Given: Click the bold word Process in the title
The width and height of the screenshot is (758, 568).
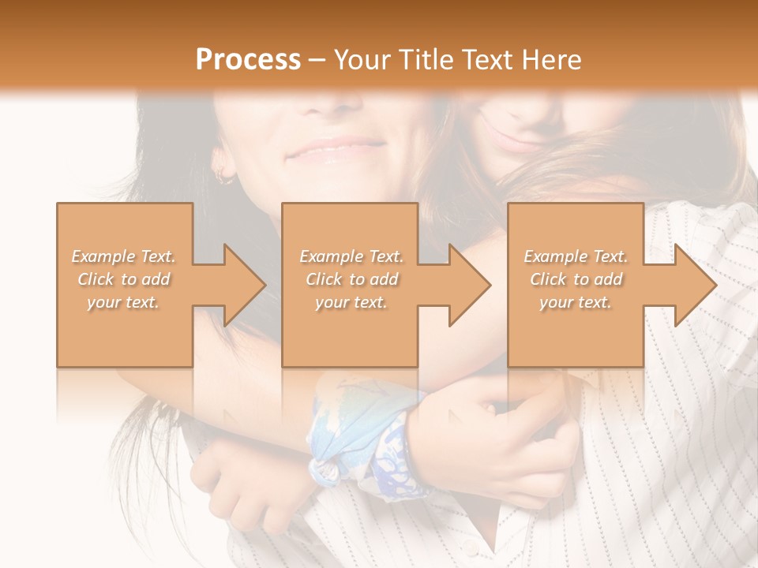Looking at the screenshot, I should (x=248, y=60).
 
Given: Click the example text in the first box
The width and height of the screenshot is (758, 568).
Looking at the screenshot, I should (x=124, y=279).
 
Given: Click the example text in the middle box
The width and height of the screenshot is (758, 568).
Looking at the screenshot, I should (x=351, y=279).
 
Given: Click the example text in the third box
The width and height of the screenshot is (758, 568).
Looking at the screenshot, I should (x=576, y=279).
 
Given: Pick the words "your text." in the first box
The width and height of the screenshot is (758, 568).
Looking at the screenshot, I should (x=124, y=302).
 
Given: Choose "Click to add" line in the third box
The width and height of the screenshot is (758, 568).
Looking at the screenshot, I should (x=576, y=279).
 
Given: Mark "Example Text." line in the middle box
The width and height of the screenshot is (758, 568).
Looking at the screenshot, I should (x=351, y=256).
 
